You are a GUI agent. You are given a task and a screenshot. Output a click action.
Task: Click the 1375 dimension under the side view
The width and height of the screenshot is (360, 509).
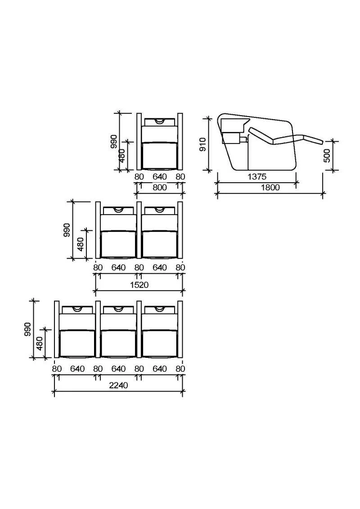click(257, 176)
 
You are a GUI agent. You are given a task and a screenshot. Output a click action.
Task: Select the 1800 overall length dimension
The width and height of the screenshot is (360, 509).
click(270, 187)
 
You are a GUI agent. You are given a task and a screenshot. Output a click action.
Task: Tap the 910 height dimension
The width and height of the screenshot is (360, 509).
click(202, 144)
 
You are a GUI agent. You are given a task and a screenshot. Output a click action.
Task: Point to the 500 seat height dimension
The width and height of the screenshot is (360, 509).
click(327, 156)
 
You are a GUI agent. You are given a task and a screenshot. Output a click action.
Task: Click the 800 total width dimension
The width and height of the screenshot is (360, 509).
click(160, 187)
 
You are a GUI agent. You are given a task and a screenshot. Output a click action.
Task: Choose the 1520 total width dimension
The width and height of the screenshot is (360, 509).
click(139, 285)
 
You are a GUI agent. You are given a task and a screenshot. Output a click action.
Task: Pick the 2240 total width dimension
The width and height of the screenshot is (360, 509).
click(118, 385)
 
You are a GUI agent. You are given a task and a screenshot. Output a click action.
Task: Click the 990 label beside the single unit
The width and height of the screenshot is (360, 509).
click(114, 141)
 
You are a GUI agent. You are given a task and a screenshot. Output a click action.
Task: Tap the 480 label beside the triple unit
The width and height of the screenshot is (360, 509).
click(39, 343)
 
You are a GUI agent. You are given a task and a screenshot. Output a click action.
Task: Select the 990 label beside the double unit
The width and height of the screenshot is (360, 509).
click(67, 230)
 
